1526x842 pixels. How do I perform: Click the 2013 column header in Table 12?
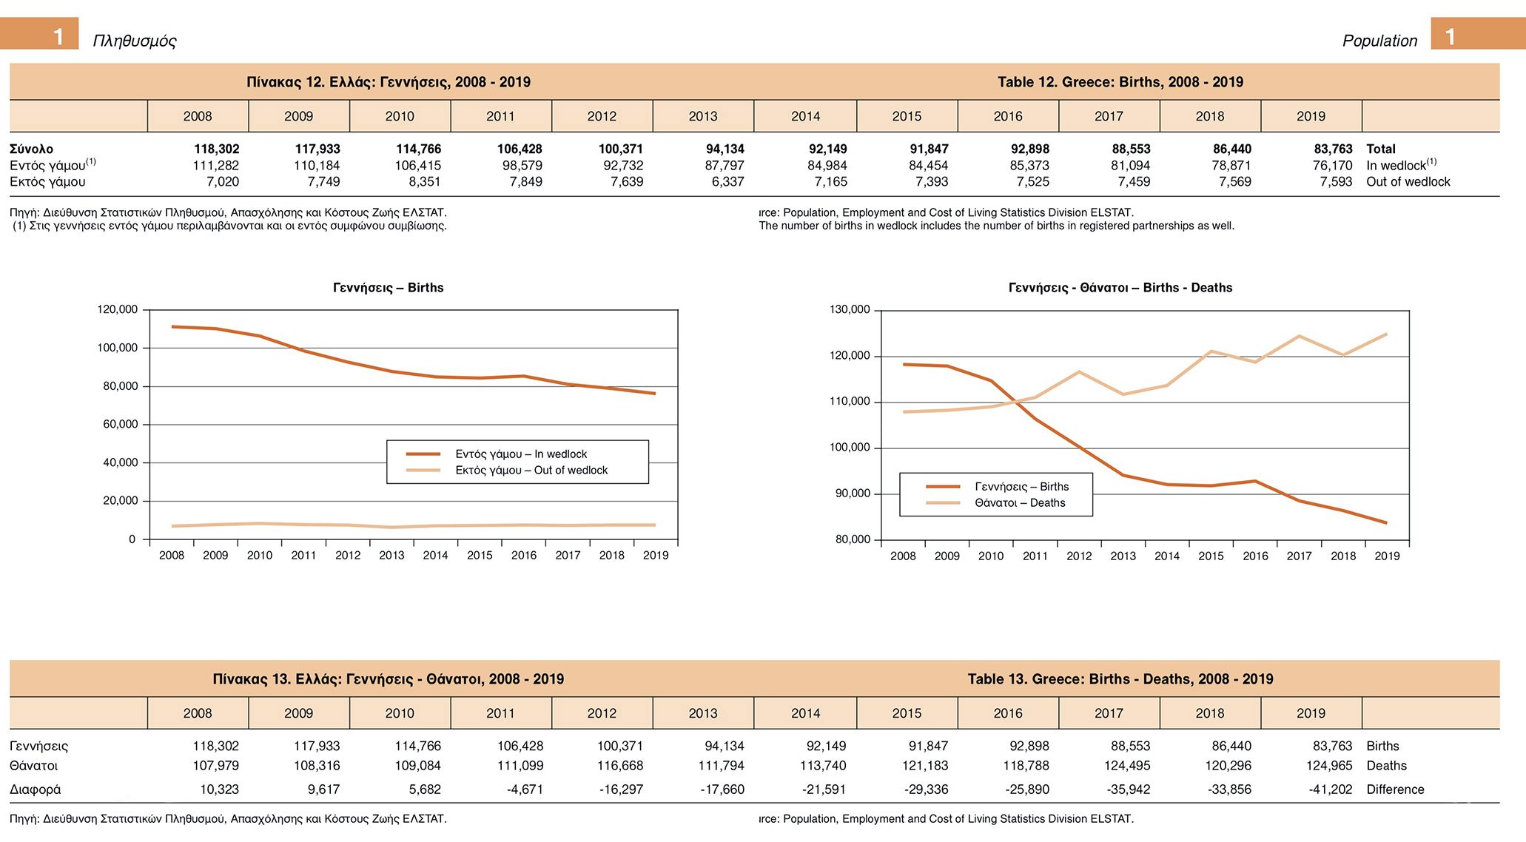[x=702, y=116]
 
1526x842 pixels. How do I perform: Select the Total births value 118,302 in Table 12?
[x=216, y=149]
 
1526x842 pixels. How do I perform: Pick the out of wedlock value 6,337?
[x=727, y=181]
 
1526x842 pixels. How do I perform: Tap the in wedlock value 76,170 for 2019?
[x=1332, y=166]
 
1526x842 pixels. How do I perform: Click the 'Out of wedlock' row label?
[x=1408, y=181]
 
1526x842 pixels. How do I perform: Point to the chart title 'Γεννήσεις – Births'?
[x=388, y=288]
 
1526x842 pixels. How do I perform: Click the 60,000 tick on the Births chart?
[x=120, y=424]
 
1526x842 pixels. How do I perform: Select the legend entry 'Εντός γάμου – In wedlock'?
[x=520, y=454]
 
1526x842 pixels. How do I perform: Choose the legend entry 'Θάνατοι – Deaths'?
[x=1019, y=503]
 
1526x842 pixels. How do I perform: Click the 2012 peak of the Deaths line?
[x=1079, y=371]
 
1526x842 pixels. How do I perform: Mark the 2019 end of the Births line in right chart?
[x=1386, y=522]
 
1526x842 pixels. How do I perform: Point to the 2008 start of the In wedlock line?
[x=172, y=326]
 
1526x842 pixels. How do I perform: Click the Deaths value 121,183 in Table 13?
[x=925, y=766]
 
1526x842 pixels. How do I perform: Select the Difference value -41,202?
[x=1330, y=789]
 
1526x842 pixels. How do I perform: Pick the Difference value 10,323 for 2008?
[x=219, y=789]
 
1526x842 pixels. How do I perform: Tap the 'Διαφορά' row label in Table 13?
[x=36, y=789]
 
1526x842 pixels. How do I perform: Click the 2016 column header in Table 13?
[x=1007, y=713]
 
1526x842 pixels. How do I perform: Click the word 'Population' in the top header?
[x=1379, y=41]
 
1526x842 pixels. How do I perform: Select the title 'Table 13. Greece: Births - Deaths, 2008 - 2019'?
[x=1120, y=679]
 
